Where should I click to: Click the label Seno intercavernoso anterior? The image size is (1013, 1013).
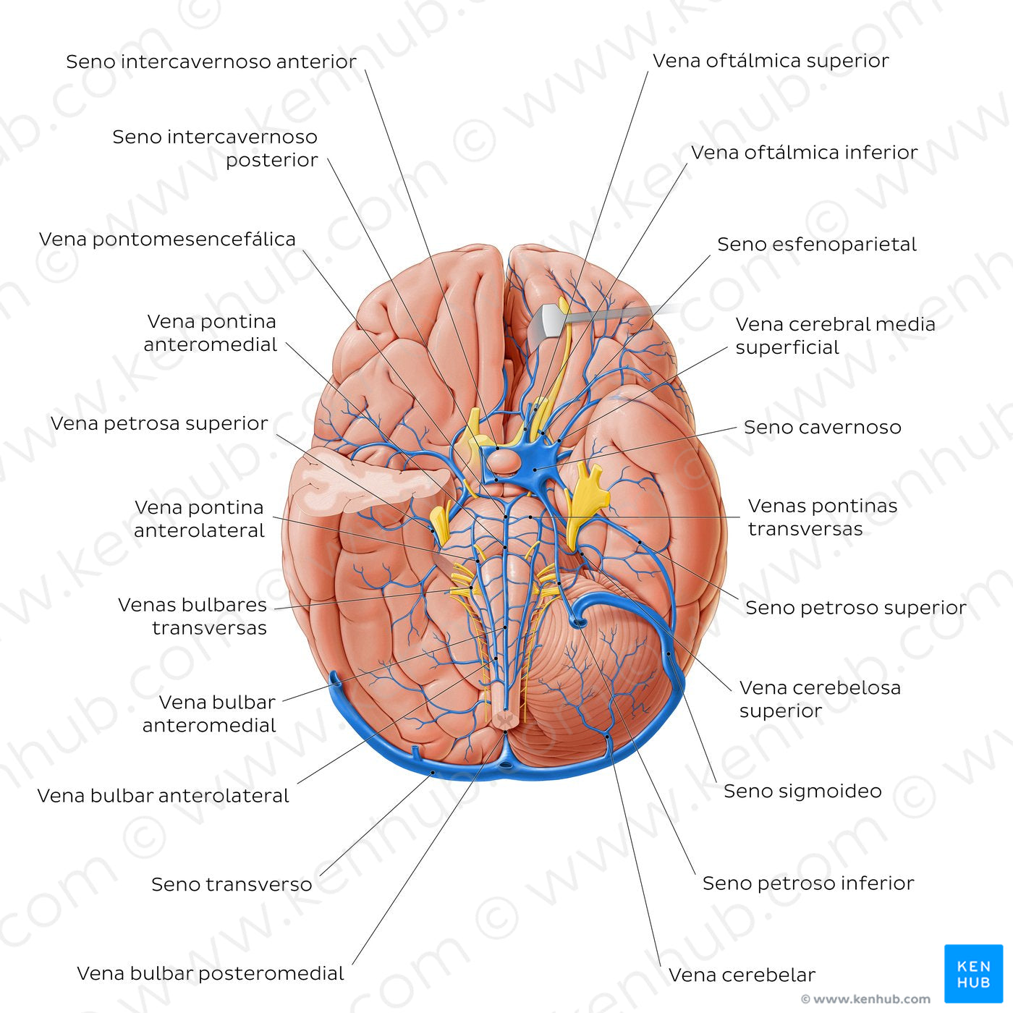(x=211, y=62)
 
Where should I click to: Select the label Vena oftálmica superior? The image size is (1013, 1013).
(x=771, y=61)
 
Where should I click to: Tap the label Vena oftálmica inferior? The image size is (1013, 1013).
(x=804, y=153)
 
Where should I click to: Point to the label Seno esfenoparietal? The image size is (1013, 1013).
(x=816, y=245)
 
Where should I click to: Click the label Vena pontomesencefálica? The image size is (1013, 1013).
(x=167, y=240)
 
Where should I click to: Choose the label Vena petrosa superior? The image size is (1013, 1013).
(x=159, y=423)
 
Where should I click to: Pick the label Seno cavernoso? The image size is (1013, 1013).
(x=822, y=428)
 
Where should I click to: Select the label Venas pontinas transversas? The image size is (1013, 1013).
(x=822, y=517)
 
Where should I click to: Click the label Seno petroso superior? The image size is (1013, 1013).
(x=855, y=608)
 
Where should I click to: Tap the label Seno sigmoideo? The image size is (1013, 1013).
(x=802, y=791)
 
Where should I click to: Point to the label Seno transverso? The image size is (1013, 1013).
(x=232, y=884)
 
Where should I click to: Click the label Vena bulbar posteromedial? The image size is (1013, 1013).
(x=210, y=974)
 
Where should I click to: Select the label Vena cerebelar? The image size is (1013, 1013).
(x=742, y=975)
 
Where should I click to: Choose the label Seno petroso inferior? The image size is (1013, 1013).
(x=808, y=883)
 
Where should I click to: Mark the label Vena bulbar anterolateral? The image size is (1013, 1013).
(x=163, y=796)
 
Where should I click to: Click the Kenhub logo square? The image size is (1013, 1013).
(x=973, y=974)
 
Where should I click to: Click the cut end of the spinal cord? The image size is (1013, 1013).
(x=504, y=719)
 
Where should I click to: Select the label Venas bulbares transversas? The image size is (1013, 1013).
(x=192, y=616)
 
